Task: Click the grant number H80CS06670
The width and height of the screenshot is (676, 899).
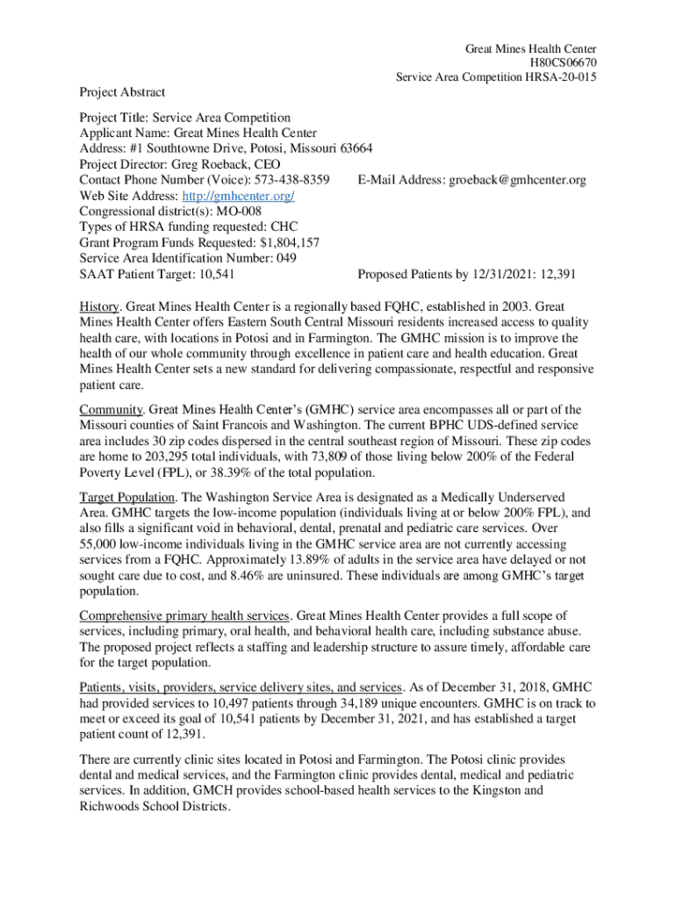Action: (562, 62)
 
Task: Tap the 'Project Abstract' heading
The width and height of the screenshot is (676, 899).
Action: (122, 91)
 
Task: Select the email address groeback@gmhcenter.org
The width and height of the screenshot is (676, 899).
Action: (517, 180)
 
